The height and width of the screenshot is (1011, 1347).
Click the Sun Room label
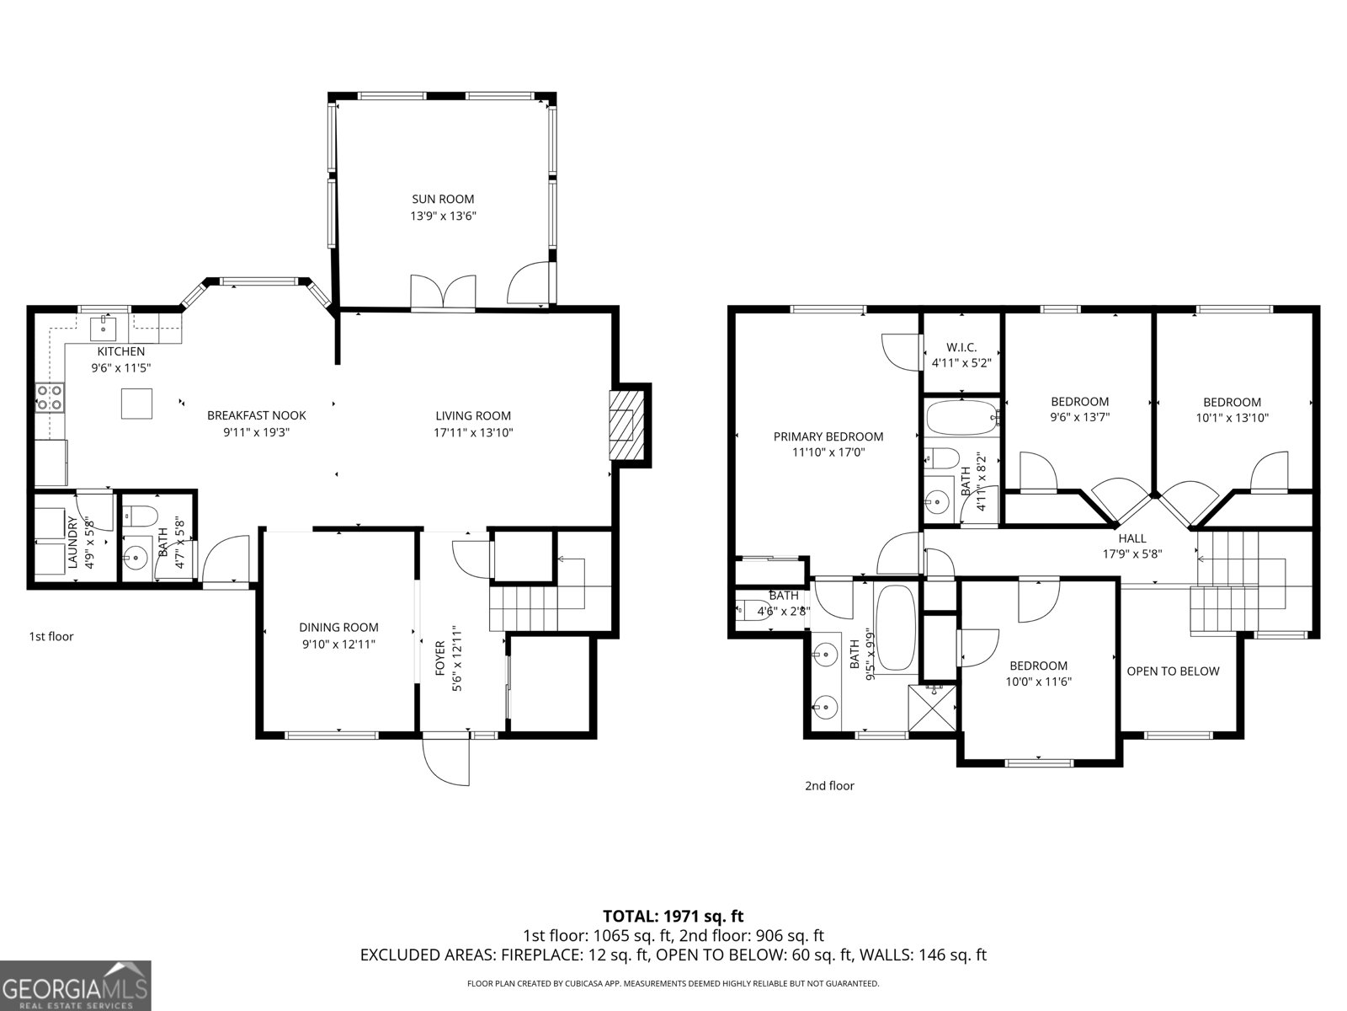[x=443, y=199]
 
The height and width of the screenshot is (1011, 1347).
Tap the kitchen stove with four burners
[x=50, y=397]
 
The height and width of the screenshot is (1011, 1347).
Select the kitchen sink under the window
[x=103, y=328]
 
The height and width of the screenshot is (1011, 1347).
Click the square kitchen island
[x=136, y=404]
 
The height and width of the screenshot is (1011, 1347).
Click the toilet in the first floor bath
[x=140, y=515]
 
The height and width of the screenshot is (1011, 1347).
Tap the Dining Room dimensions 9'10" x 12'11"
[x=338, y=644]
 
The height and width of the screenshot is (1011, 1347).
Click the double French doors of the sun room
[x=443, y=293]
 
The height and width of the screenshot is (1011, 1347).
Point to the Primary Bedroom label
[x=828, y=436]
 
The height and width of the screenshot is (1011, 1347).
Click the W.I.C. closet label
[x=961, y=347]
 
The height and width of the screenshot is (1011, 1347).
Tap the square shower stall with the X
[x=932, y=708]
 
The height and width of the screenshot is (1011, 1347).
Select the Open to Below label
[x=1173, y=671]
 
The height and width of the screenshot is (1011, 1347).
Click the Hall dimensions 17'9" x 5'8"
[x=1132, y=554]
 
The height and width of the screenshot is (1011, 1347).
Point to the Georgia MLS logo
[x=76, y=986]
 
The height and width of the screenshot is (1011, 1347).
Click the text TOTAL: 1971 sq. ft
[x=673, y=917]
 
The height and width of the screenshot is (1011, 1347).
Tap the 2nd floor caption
[x=829, y=785]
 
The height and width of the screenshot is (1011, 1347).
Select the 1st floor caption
[x=51, y=636]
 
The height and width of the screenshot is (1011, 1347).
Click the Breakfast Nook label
[x=256, y=415]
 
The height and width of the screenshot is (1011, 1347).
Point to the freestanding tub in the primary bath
[x=896, y=628]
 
